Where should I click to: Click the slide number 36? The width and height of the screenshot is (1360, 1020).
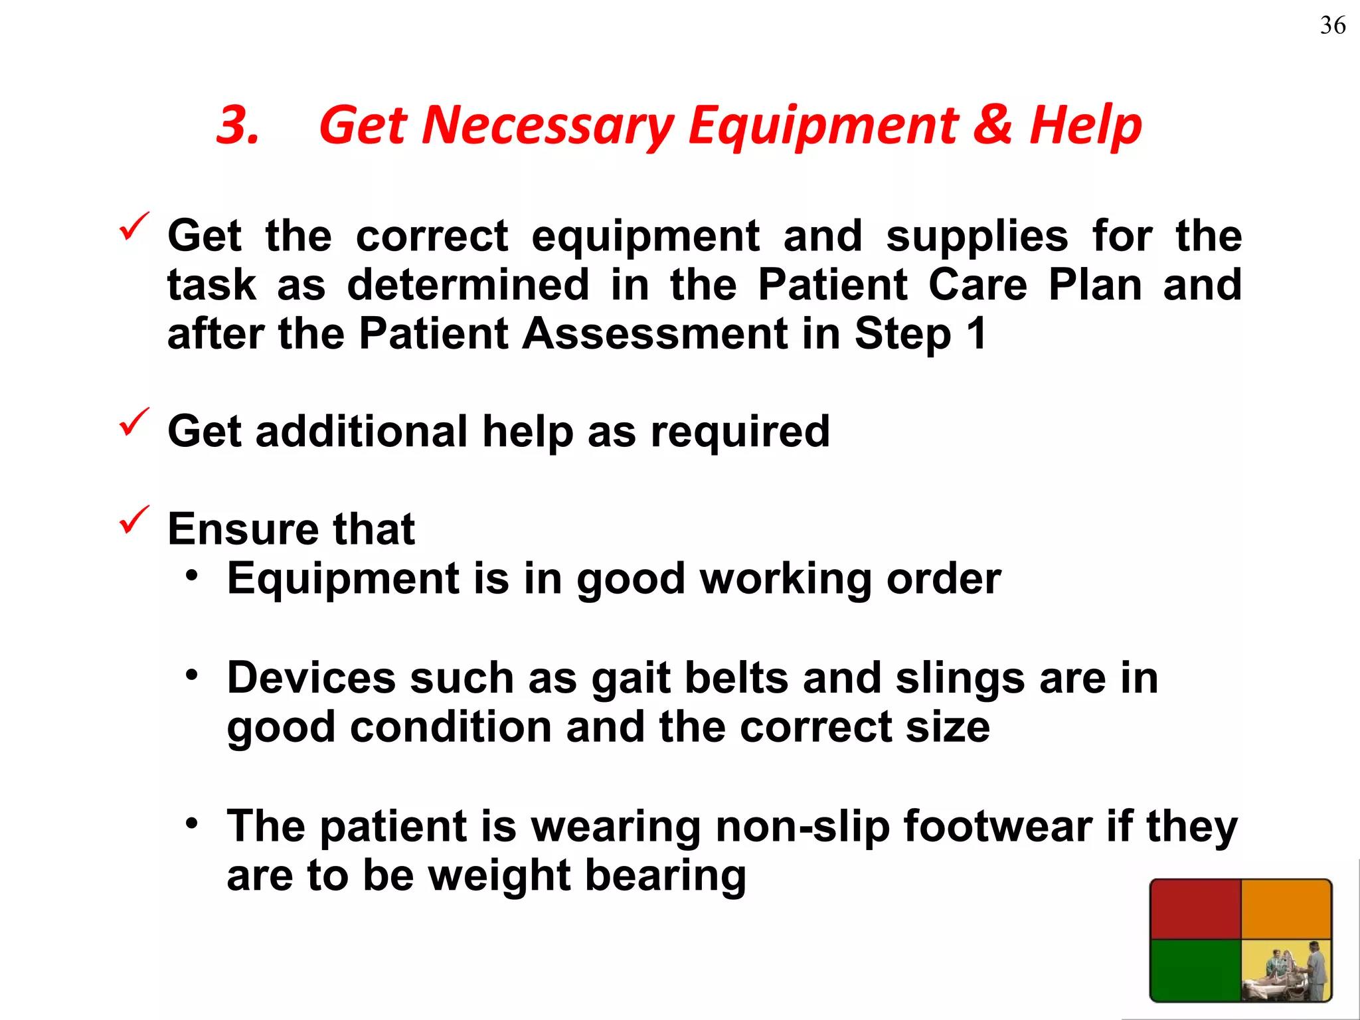[1332, 26]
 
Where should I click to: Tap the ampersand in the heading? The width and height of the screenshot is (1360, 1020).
[992, 125]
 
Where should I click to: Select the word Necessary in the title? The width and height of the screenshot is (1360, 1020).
[547, 126]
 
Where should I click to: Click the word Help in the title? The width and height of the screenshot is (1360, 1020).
[1085, 126]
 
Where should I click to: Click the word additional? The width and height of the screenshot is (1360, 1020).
[362, 432]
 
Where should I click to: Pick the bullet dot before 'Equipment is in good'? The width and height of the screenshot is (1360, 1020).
[192, 576]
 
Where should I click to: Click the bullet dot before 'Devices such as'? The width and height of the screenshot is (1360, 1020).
[192, 675]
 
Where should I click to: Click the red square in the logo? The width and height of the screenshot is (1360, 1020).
[1195, 909]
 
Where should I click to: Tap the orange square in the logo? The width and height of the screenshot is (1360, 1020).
[1286, 909]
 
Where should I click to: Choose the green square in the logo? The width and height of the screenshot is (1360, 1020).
[1195, 969]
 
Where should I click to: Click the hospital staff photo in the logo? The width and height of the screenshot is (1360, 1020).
[1286, 970]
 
